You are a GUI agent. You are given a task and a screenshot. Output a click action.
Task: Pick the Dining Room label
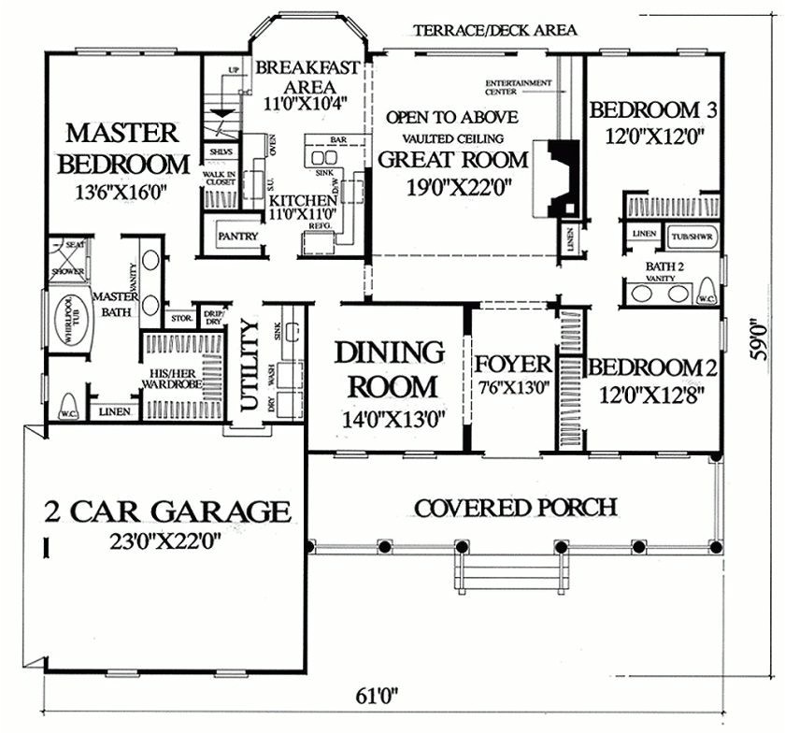(x=388, y=368)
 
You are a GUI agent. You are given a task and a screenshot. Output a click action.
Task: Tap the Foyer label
(x=511, y=363)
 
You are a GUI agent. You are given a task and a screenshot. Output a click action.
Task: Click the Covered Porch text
(x=515, y=508)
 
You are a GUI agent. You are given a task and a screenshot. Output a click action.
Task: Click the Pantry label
(x=237, y=237)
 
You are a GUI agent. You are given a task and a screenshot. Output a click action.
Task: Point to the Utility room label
(x=250, y=365)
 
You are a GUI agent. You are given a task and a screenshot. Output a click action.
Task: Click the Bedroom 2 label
(x=651, y=367)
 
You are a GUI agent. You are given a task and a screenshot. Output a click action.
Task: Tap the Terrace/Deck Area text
(x=495, y=30)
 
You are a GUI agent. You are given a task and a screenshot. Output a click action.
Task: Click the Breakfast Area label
(x=295, y=76)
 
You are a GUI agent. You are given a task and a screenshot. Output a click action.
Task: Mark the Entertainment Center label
(x=518, y=87)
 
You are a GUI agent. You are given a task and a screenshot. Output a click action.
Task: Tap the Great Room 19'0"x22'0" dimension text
(x=453, y=186)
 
